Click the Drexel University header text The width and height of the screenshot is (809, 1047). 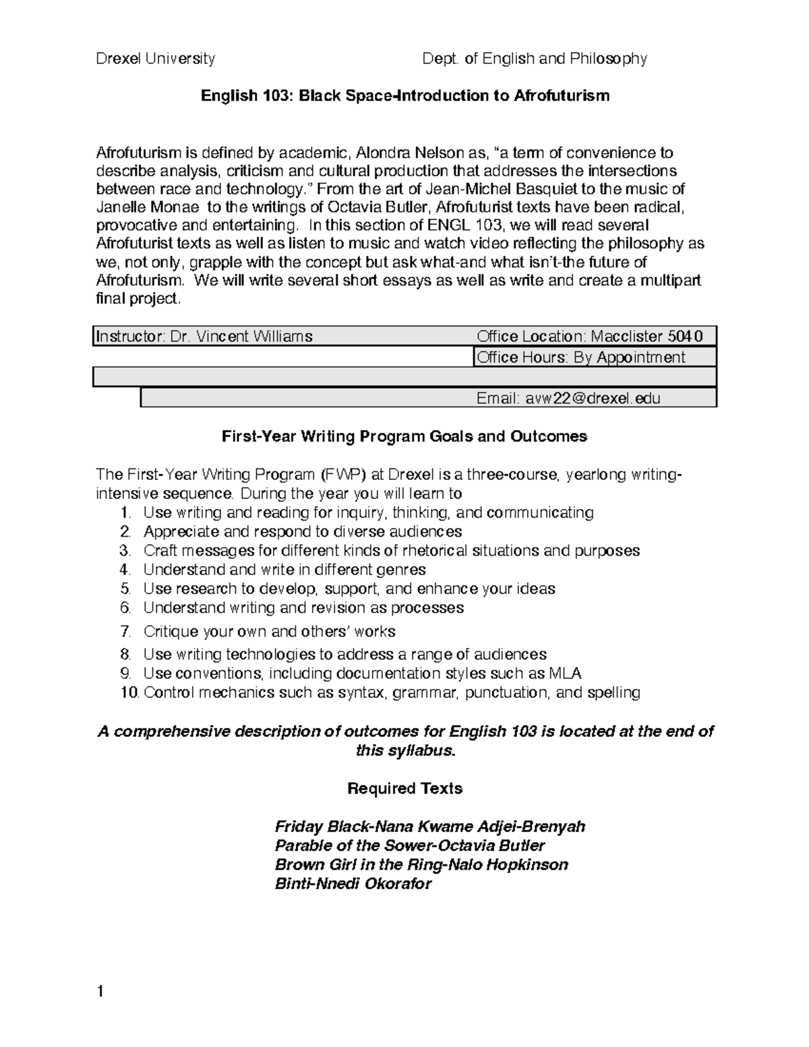[156, 59]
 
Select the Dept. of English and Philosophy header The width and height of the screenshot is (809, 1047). [534, 59]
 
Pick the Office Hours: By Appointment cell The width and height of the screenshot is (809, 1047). [581, 357]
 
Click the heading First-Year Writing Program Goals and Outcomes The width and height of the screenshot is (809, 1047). [404, 437]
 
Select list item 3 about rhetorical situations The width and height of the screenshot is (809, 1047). [391, 551]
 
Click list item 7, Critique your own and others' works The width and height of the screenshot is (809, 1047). [269, 632]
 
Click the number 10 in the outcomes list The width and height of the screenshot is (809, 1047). [129, 692]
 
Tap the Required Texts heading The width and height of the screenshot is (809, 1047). [404, 788]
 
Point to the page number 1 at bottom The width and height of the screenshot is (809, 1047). [100, 991]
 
